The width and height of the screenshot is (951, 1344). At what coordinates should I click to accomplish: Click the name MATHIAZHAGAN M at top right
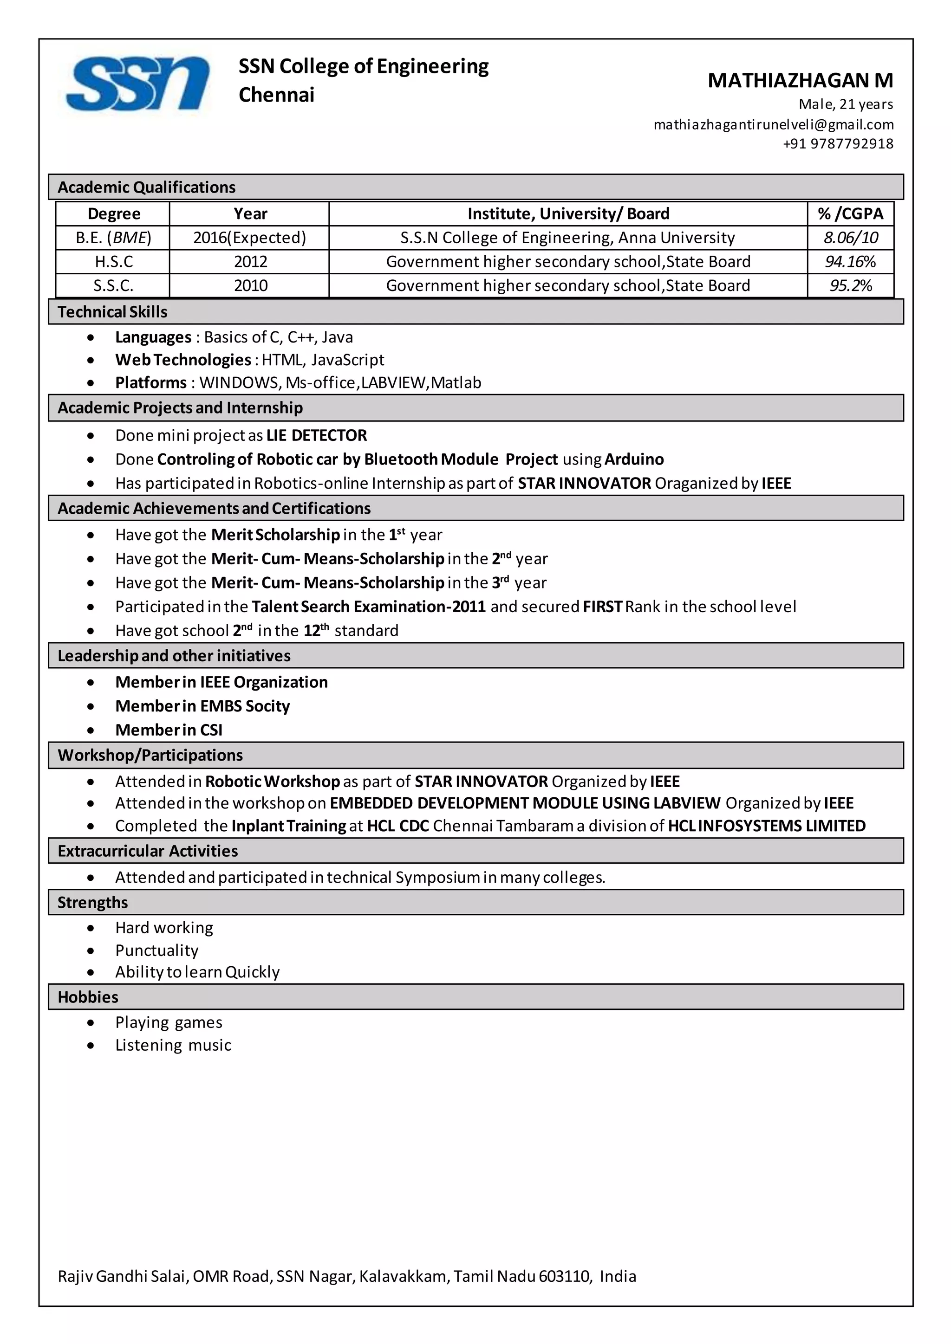(800, 80)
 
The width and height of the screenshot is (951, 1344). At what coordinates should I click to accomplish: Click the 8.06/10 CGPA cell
(850, 238)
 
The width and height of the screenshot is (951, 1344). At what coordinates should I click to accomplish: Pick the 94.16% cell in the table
(850, 262)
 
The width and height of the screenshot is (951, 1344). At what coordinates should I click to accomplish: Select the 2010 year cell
(251, 286)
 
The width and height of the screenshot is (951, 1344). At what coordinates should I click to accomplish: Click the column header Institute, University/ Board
(568, 213)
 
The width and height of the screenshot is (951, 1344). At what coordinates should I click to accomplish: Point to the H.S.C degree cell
(114, 262)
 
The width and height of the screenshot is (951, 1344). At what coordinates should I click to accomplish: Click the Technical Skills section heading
(112, 312)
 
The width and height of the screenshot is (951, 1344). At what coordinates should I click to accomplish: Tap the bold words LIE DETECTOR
(316, 435)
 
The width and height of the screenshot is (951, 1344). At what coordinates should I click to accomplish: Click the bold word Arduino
(633, 459)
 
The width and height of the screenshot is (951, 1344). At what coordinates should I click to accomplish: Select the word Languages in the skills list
(153, 337)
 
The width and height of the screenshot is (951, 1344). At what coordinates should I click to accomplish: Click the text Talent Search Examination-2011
(368, 607)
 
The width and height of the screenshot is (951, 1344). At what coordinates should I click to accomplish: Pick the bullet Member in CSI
(169, 730)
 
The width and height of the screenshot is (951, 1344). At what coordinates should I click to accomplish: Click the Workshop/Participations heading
(150, 755)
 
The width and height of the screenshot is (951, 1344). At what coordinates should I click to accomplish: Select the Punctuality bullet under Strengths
(156, 950)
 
